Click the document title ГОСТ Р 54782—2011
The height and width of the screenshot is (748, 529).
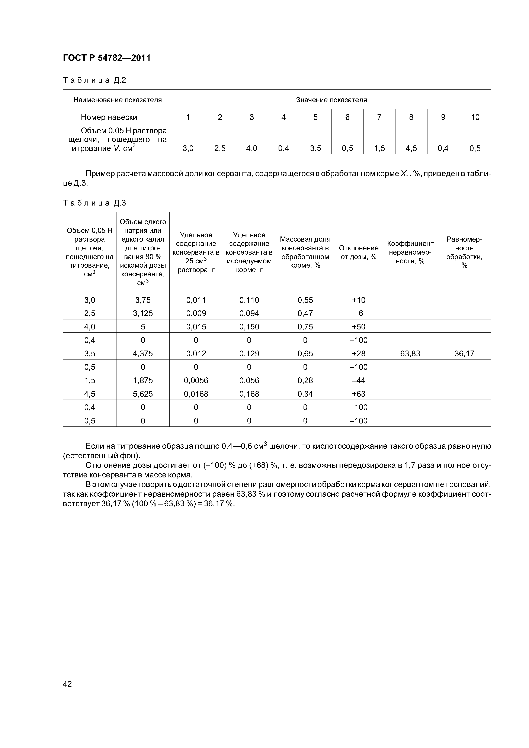pyautogui.click(x=107, y=58)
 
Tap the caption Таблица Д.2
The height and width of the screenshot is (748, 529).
pyautogui.click(x=94, y=80)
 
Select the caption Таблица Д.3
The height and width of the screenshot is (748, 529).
pyautogui.click(x=94, y=203)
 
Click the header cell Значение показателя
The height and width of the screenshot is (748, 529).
pyautogui.click(x=331, y=100)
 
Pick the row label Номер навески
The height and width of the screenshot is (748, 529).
pyautogui.click(x=109, y=117)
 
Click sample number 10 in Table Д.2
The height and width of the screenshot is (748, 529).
pyautogui.click(x=475, y=117)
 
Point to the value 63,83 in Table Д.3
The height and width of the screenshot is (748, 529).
pyautogui.click(x=410, y=354)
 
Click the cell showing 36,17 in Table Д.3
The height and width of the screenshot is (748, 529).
pyautogui.click(x=464, y=354)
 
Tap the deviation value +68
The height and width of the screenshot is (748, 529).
pyautogui.click(x=359, y=394)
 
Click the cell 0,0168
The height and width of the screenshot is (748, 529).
pyautogui.click(x=196, y=394)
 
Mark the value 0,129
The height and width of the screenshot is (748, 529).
pyautogui.click(x=249, y=354)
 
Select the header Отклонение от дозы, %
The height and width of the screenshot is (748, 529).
pyautogui.click(x=359, y=252)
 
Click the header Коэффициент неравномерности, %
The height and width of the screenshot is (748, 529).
pyautogui.click(x=410, y=252)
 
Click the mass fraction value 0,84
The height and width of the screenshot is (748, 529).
pyautogui.click(x=305, y=394)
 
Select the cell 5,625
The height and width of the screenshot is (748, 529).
pyautogui.click(x=143, y=394)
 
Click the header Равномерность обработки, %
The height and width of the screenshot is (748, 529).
pyautogui.click(x=464, y=252)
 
